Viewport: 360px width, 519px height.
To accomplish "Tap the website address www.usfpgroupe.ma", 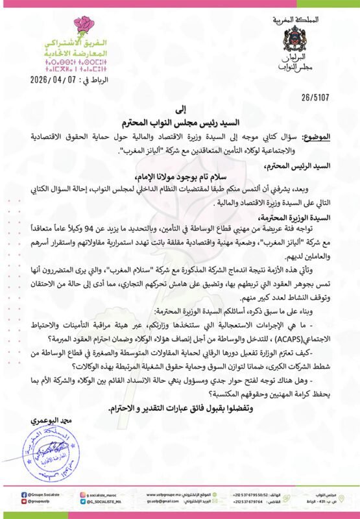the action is click(x=165, y=494).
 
